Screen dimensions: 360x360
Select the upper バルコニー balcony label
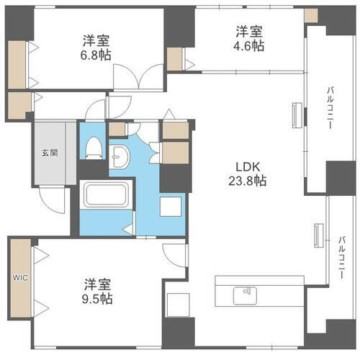click(x=329, y=106)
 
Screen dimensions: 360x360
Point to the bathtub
click(x=106, y=194)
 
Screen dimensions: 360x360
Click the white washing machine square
click(x=171, y=207)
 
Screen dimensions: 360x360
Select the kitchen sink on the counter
click(x=246, y=294)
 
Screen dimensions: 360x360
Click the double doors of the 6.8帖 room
click(x=135, y=77)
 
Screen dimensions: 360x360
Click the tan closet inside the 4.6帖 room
click(x=174, y=59)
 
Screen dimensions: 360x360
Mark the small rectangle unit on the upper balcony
click(x=295, y=116)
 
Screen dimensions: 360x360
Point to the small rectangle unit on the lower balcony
click(x=317, y=236)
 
